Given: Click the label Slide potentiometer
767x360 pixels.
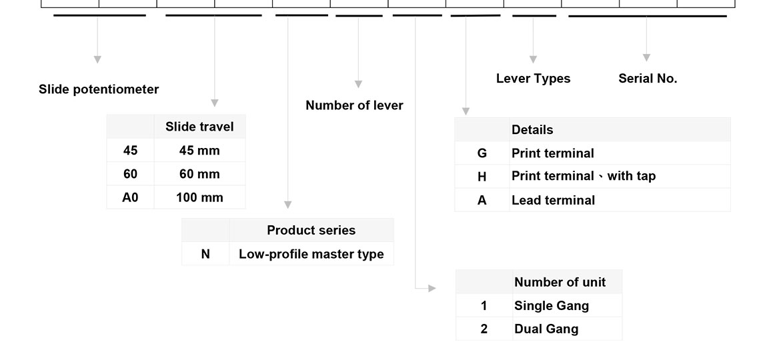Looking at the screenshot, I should click(x=99, y=89).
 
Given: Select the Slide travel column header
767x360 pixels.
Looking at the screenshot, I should click(x=199, y=127).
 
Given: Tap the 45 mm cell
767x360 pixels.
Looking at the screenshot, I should click(x=199, y=151).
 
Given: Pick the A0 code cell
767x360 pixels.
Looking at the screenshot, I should click(x=130, y=197).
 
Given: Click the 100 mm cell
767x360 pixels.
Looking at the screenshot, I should click(x=199, y=197).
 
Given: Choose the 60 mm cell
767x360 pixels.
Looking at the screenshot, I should click(x=199, y=174).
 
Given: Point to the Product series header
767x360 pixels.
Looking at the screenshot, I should click(x=311, y=230).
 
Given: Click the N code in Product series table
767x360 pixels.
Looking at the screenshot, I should click(x=205, y=254).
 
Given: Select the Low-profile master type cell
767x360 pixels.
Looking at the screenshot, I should click(x=311, y=254).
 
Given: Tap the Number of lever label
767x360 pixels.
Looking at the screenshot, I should click(x=354, y=105).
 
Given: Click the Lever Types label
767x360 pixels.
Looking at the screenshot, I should click(x=533, y=79).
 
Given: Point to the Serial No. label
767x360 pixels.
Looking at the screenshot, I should click(x=648, y=79).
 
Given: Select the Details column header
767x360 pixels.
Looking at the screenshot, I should click(x=532, y=130).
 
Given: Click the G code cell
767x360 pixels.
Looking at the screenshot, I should click(x=482, y=153).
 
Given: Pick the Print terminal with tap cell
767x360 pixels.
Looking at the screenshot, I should click(x=583, y=176).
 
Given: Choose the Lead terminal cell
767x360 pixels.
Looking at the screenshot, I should click(x=553, y=200).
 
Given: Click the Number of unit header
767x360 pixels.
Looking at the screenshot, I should click(x=560, y=282).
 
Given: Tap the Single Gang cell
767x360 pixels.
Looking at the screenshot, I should click(x=552, y=306).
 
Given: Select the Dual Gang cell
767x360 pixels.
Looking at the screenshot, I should click(x=546, y=329).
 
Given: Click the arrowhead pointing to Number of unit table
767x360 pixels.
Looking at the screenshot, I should click(x=432, y=289).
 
